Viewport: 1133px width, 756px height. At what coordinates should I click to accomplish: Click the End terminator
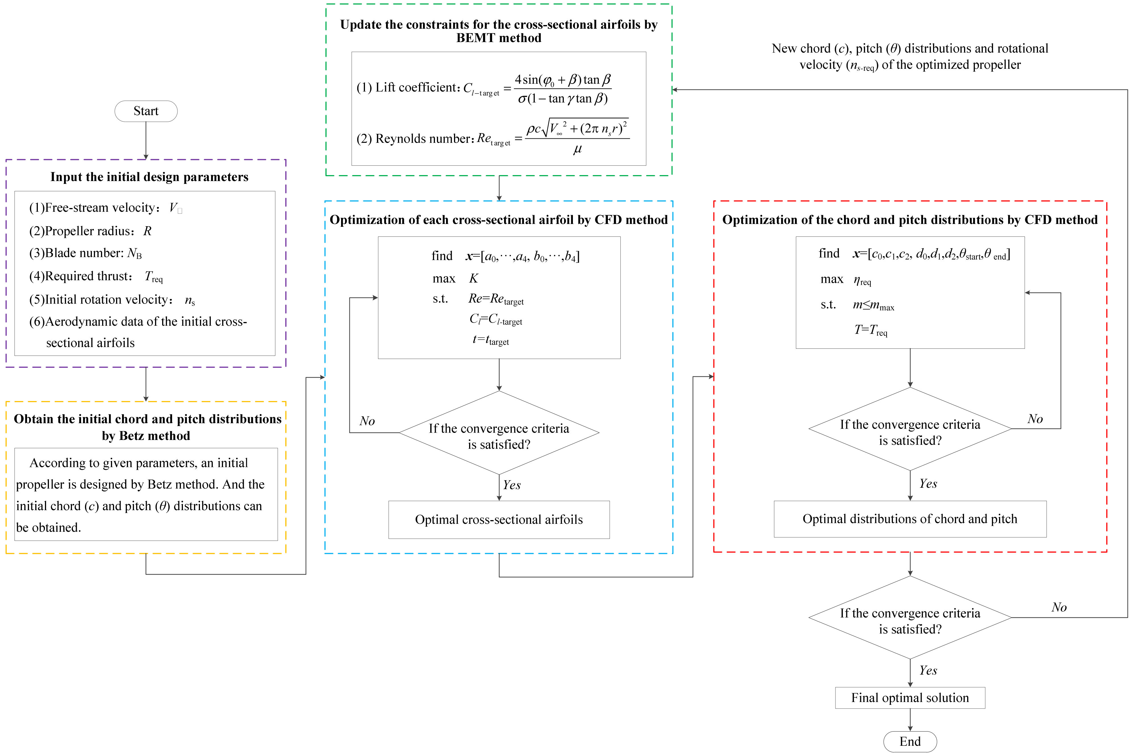[x=910, y=742]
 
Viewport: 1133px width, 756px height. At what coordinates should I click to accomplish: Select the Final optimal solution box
[x=910, y=698]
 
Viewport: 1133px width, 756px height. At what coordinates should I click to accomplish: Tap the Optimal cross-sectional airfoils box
[x=499, y=519]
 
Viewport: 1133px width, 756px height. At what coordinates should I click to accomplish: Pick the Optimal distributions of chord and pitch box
[x=910, y=519]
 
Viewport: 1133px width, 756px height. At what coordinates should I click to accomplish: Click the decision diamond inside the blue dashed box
[x=499, y=433]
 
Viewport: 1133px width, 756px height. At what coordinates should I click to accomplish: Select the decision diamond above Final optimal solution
[x=910, y=618]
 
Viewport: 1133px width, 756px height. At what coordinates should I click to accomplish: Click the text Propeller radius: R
[x=90, y=231]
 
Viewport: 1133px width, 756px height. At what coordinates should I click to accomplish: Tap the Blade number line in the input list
[x=85, y=253]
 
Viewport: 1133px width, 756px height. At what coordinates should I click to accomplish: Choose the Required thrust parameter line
[x=96, y=276]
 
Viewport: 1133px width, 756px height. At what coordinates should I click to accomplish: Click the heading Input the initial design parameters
[x=149, y=177]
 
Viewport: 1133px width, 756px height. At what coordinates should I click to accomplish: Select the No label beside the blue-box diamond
[x=367, y=421]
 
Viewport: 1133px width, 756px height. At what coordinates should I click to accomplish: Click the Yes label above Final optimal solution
[x=928, y=670]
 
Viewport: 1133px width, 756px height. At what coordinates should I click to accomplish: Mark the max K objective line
[x=455, y=278]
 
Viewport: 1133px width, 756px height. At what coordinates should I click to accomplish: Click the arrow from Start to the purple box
[x=146, y=140]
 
